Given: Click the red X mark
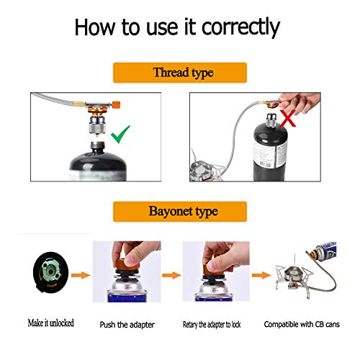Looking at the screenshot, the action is click(x=288, y=118).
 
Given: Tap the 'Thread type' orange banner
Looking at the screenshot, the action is click(x=180, y=73).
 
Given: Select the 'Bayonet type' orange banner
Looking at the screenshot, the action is click(x=180, y=212).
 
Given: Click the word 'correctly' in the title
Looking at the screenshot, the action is click(x=240, y=27).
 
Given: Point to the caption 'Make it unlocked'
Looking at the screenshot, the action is click(x=51, y=323).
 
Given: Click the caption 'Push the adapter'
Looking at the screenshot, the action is click(x=127, y=325).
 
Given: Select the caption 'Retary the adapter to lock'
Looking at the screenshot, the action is click(x=212, y=325).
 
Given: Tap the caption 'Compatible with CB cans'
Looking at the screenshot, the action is click(x=302, y=324).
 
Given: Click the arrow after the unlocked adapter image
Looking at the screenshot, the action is click(x=81, y=275).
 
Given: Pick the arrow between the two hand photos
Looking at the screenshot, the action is click(x=171, y=275).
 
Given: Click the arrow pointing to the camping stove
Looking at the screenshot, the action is click(x=261, y=275).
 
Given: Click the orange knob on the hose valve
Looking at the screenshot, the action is click(x=116, y=104).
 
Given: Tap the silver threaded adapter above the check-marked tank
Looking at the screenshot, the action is click(x=97, y=125).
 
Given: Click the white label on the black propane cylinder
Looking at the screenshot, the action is click(x=270, y=153).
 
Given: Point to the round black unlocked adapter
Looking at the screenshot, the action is click(x=50, y=272).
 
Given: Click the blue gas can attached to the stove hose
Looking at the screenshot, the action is click(x=326, y=251).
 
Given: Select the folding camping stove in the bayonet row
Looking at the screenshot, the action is click(x=294, y=280).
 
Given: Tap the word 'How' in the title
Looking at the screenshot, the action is click(x=95, y=27).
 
